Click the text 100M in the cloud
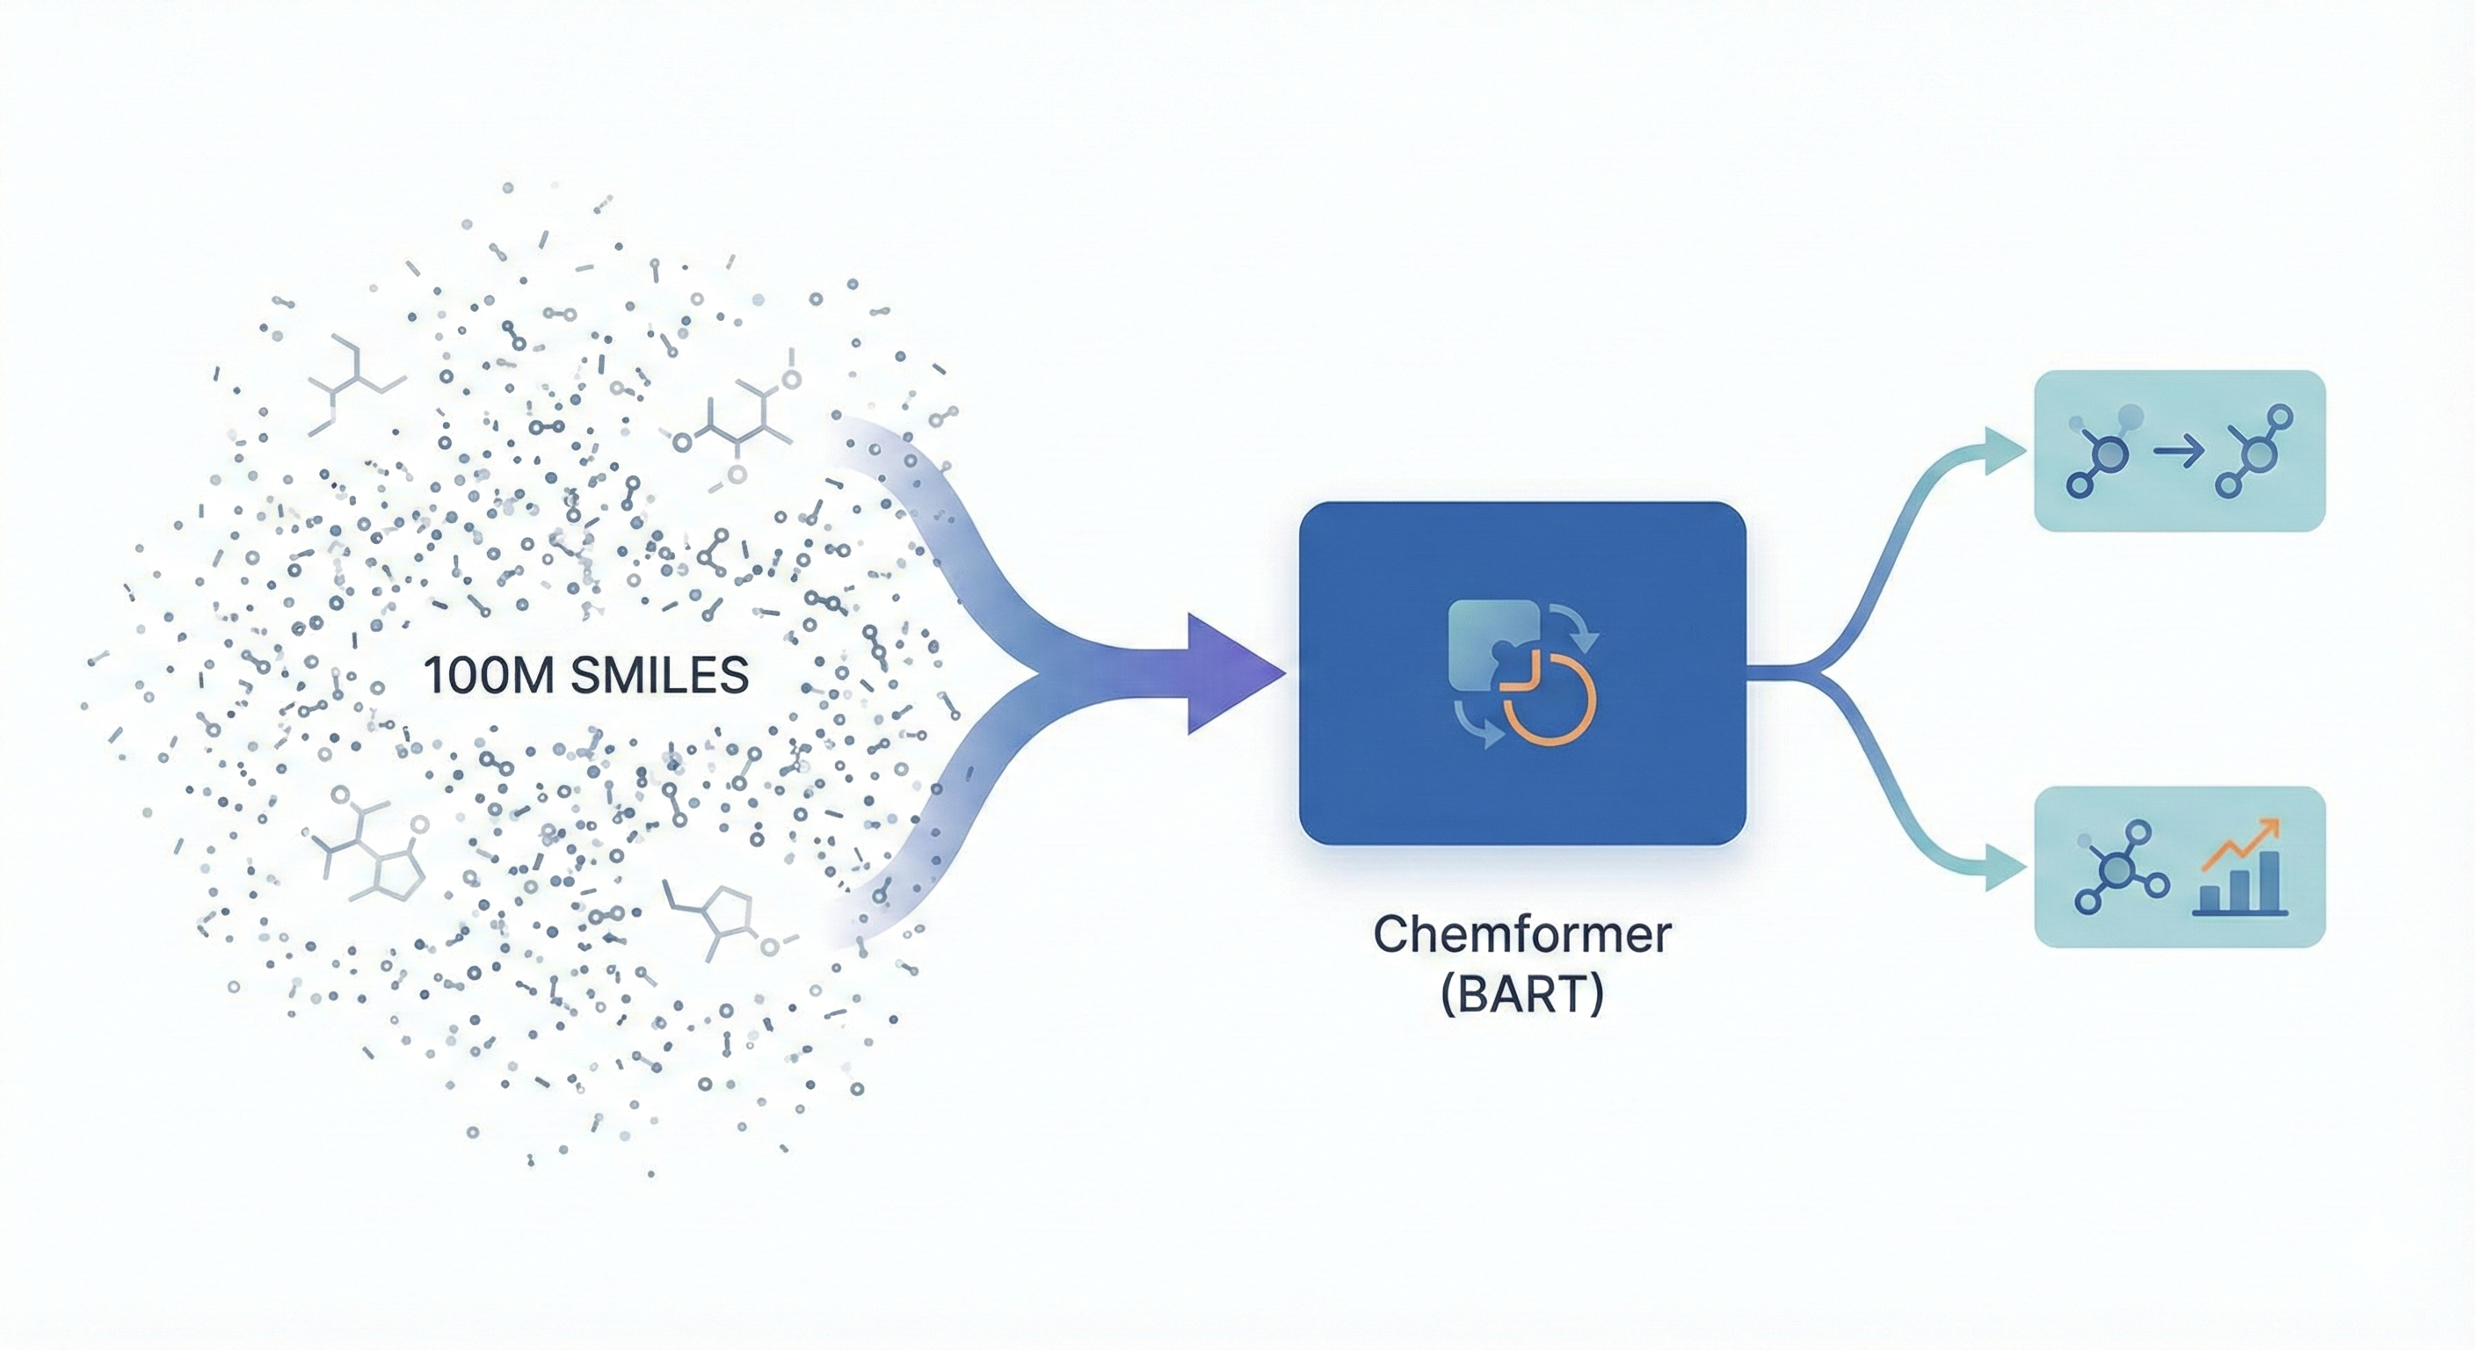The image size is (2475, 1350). coord(489,676)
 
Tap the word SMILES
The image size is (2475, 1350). coord(659,676)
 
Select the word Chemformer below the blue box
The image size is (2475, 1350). coord(1522,934)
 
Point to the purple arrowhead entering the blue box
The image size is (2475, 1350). coord(1230,673)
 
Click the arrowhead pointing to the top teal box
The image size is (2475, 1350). coord(2003,451)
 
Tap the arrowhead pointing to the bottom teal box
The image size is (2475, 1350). coord(2003,869)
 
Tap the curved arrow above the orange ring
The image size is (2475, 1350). coord(1576,625)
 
